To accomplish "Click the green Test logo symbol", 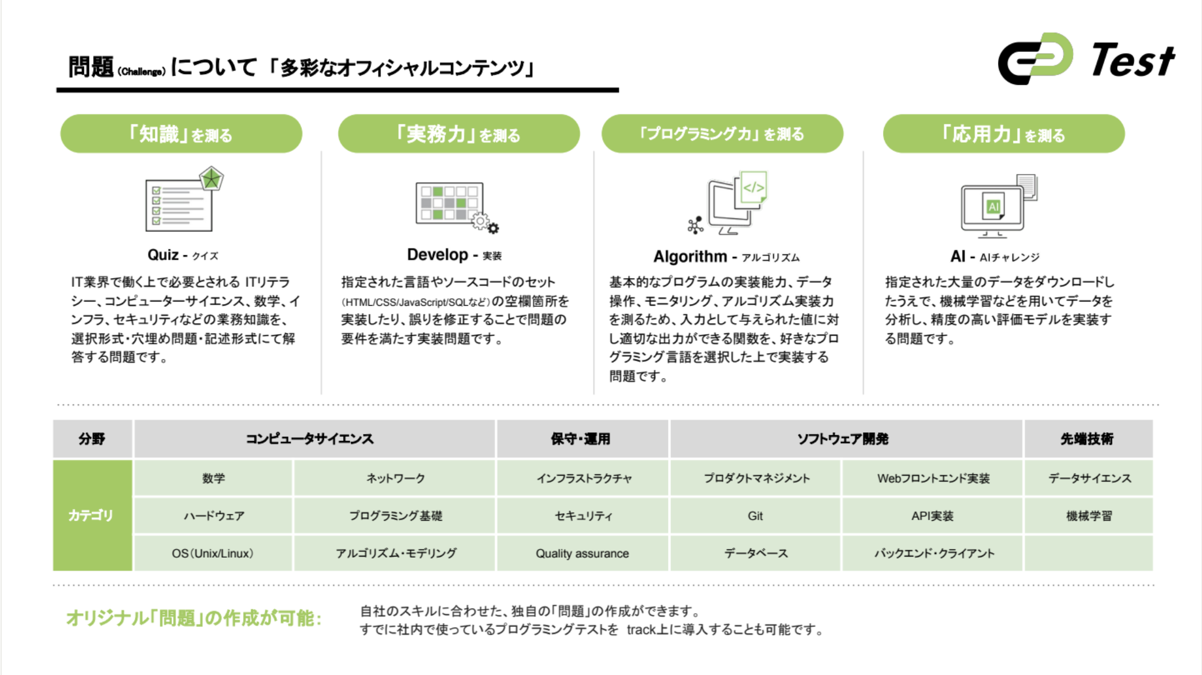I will (1035, 58).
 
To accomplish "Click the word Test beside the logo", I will (1133, 61).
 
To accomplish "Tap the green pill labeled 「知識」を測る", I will (181, 134).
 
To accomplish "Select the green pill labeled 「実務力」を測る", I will (459, 134).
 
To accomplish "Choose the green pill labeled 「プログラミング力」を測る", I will (722, 134).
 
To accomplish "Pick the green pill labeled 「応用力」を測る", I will (1004, 134).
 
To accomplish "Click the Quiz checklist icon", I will (183, 200).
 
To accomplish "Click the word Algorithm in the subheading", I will (690, 257).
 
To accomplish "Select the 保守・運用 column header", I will (581, 439).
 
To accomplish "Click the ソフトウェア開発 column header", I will (843, 439).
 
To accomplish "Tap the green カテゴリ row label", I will (92, 515).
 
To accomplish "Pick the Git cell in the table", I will (755, 516).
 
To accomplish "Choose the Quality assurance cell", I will (582, 554).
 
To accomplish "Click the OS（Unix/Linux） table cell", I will (213, 554).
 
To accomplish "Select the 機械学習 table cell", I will (1089, 516).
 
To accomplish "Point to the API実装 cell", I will (933, 516).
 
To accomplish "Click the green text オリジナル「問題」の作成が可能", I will (194, 618).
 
